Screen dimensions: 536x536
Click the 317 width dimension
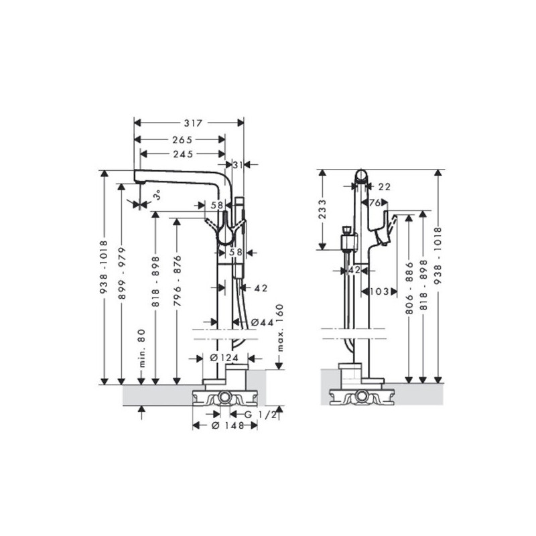pyautogui.click(x=194, y=123)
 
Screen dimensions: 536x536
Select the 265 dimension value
pyautogui.click(x=182, y=140)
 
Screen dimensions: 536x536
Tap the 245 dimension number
pyautogui.click(x=183, y=154)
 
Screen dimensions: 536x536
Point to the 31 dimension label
pyautogui.click(x=238, y=165)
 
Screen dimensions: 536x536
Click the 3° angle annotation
pyautogui.click(x=157, y=196)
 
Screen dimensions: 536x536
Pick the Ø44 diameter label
pyautogui.click(x=262, y=322)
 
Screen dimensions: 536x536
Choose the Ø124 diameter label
pyautogui.click(x=224, y=358)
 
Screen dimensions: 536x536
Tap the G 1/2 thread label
pyautogui.click(x=260, y=415)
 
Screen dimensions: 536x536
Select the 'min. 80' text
pyautogui.click(x=143, y=348)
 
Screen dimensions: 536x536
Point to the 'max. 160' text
pyautogui.click(x=280, y=328)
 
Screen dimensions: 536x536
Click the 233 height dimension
pyautogui.click(x=322, y=209)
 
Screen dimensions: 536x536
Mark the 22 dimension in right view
pyautogui.click(x=385, y=187)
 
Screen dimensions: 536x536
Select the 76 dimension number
pyautogui.click(x=375, y=203)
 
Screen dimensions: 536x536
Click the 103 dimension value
pyautogui.click(x=379, y=291)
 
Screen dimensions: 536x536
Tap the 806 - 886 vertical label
pyautogui.click(x=409, y=288)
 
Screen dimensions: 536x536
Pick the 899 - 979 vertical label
pyautogui.click(x=122, y=273)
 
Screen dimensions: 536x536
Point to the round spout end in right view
pyautogui.click(x=361, y=176)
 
